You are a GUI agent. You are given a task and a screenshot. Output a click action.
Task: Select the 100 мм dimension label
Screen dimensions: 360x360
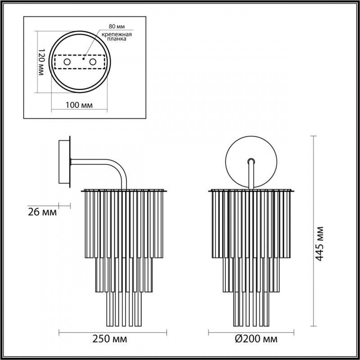tap(79, 105)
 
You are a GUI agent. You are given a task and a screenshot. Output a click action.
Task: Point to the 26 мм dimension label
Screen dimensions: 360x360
tap(42, 212)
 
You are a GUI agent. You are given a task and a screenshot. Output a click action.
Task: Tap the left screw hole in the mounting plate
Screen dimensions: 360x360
tap(67, 62)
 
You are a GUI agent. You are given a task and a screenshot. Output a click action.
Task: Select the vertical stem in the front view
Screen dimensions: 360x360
tap(251, 175)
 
